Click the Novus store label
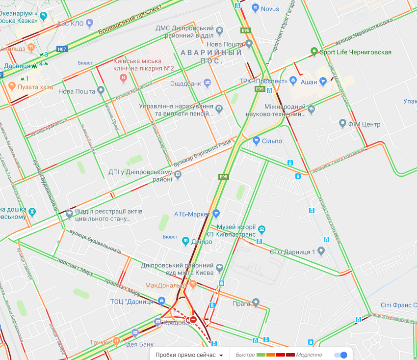pos(270,8)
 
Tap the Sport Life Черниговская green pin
pos(314,52)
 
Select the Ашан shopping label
pos(309,82)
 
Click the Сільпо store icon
pos(256,141)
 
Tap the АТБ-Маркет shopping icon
pos(216,214)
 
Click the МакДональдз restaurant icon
pos(193,284)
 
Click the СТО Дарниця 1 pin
pos(321,251)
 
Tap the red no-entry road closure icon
pos(193,320)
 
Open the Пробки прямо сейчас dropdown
pos(189,355)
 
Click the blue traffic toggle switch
pos(340,355)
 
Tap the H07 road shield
pos(61,49)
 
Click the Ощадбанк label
pos(185,83)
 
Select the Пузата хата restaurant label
pos(35,87)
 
